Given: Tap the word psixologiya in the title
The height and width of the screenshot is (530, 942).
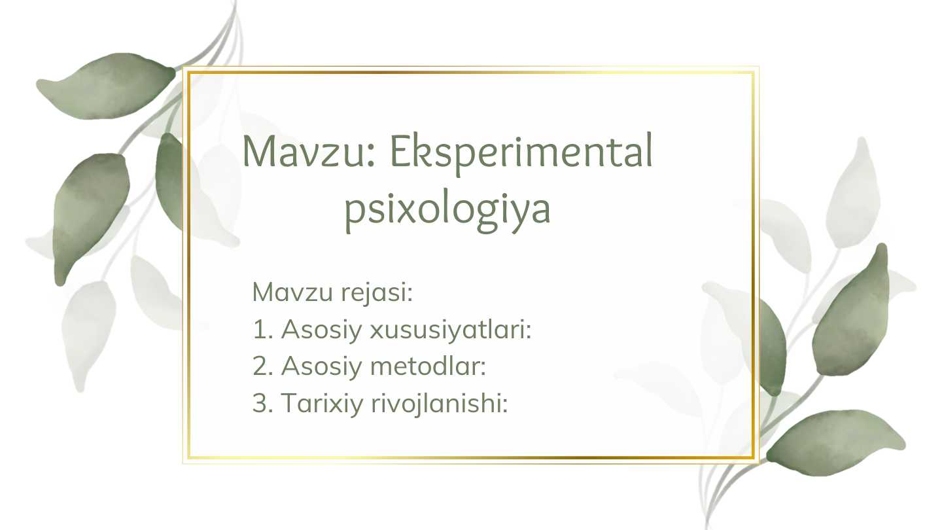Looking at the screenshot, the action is click(447, 209).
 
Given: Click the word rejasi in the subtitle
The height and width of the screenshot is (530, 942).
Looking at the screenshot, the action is click(377, 292).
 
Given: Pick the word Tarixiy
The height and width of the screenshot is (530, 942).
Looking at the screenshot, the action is click(322, 404).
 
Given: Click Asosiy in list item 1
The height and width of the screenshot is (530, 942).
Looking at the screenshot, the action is click(322, 330).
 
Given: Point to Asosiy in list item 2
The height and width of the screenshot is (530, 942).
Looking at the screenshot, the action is click(322, 367).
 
